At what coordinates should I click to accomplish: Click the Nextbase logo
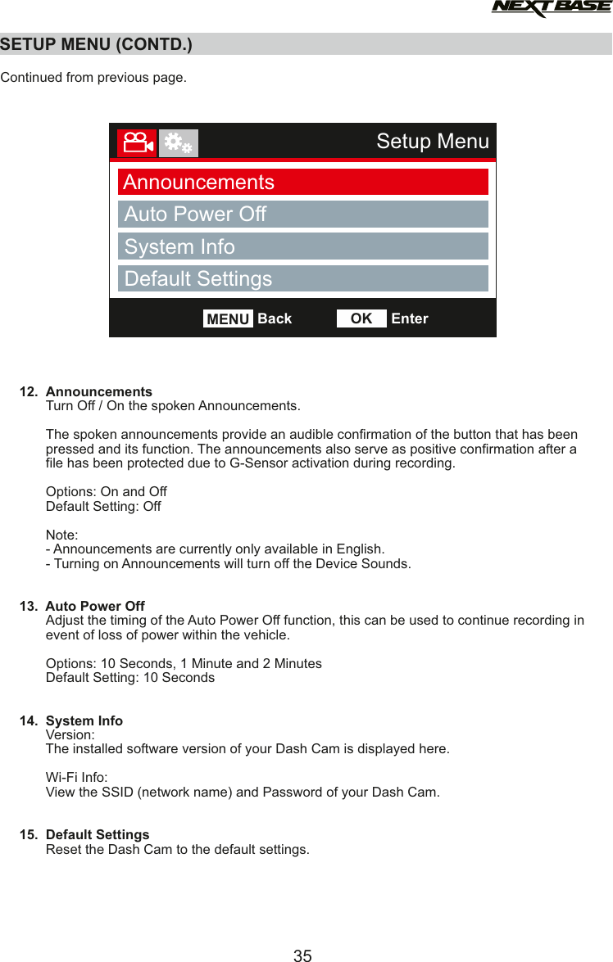tap(551, 9)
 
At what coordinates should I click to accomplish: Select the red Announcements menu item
tap(302, 182)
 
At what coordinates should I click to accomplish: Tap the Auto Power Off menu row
tap(302, 215)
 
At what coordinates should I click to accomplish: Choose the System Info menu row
tap(302, 246)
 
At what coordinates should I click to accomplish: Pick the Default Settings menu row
tap(302, 278)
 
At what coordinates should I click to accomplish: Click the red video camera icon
tap(136, 143)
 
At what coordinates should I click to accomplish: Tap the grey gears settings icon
tap(178, 143)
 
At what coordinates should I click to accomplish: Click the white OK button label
tap(361, 318)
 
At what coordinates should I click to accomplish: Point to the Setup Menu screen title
tap(432, 142)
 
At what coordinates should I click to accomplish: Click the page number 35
tap(302, 955)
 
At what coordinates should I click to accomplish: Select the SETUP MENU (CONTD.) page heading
tap(97, 44)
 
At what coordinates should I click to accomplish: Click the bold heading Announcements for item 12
tap(98, 391)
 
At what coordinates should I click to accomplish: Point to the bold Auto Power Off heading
tap(95, 607)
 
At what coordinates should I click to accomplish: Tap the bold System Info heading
tap(84, 721)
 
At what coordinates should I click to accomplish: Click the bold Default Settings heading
tap(98, 835)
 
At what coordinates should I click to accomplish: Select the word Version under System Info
tap(69, 735)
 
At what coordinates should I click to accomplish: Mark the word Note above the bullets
tap(61, 535)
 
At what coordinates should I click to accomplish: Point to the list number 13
tap(29, 607)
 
